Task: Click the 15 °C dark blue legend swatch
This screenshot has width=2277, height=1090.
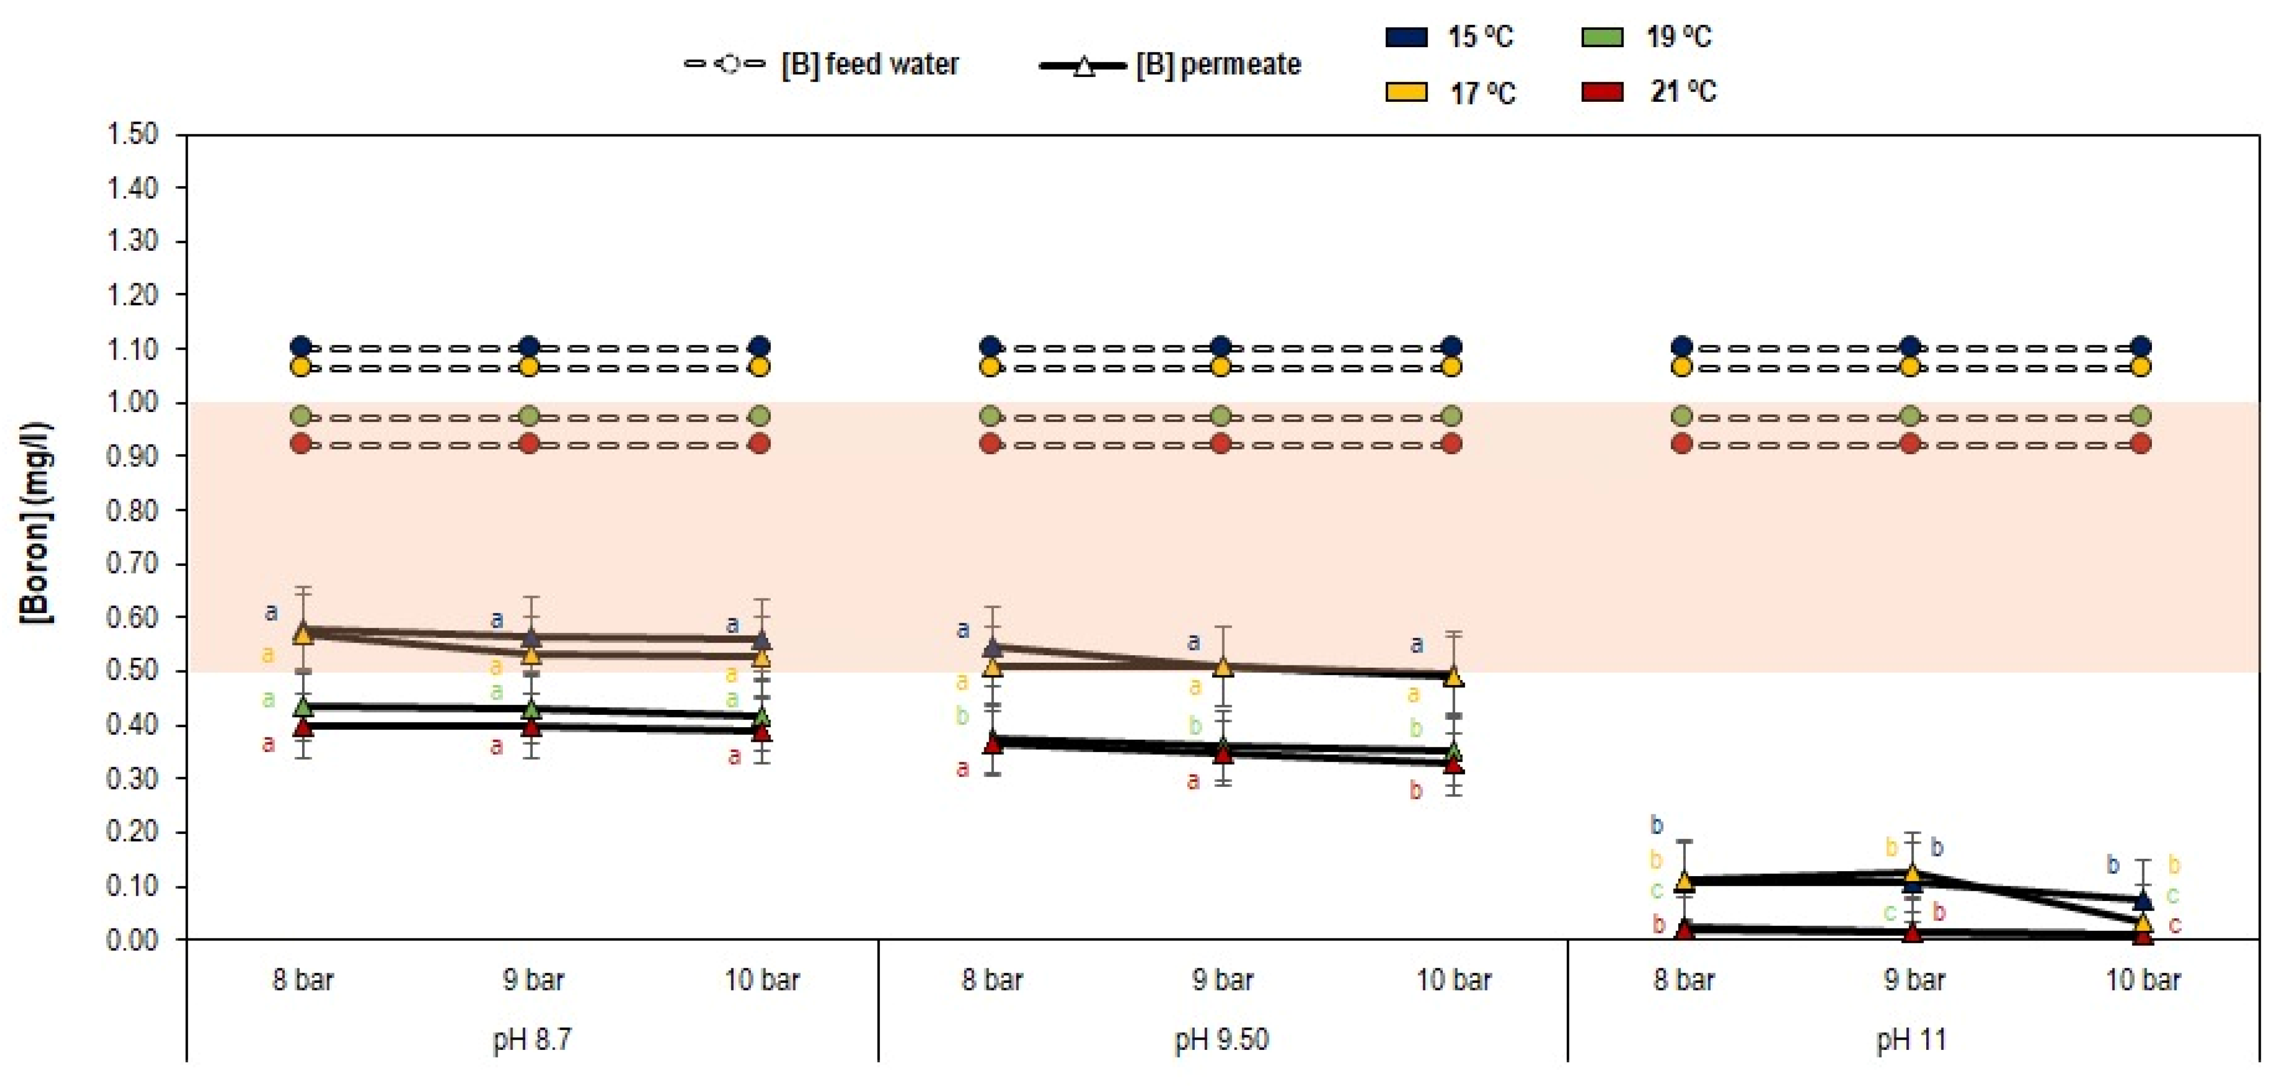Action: (x=1406, y=37)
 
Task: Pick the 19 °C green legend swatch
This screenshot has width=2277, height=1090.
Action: (x=1602, y=37)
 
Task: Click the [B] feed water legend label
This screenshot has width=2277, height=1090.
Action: (x=870, y=64)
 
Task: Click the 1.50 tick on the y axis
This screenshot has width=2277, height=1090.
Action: (x=133, y=134)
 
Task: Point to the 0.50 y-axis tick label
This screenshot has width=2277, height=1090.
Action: (x=133, y=671)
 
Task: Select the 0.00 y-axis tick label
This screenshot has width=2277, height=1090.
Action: (x=133, y=939)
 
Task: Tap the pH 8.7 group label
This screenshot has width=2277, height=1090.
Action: (x=532, y=1040)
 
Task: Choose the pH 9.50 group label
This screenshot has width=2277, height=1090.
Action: (x=1221, y=1040)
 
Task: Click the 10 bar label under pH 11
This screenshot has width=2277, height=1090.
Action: (x=2143, y=980)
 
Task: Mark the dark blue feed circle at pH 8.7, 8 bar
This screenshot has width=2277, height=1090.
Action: (x=302, y=347)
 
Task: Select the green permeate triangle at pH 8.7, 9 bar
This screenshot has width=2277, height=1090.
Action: (x=531, y=708)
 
